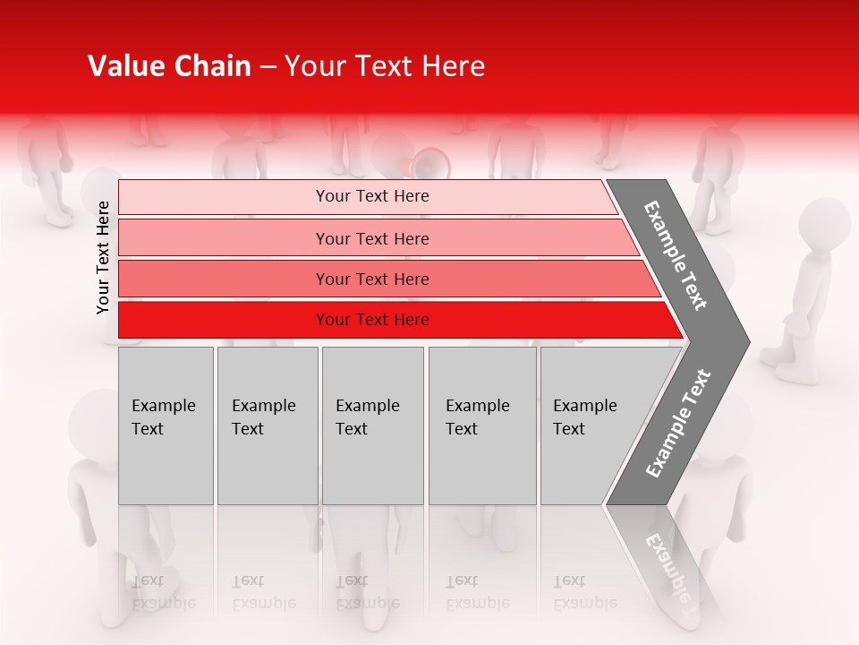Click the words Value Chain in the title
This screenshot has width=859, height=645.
click(x=169, y=66)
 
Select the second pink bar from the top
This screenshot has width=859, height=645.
click(x=372, y=238)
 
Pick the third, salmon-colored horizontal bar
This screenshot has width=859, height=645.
click(x=372, y=279)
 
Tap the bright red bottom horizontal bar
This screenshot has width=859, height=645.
click(x=372, y=320)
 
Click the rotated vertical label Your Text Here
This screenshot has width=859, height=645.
click(x=103, y=257)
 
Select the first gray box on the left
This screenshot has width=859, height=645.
click(x=166, y=426)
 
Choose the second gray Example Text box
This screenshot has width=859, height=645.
click(x=268, y=426)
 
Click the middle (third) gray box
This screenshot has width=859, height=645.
click(x=372, y=426)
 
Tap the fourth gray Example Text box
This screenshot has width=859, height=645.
click(x=482, y=426)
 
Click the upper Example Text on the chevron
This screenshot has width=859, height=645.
click(x=676, y=255)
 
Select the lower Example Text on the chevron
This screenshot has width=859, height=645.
click(x=678, y=423)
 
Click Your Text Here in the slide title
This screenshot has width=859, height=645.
click(x=385, y=66)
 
